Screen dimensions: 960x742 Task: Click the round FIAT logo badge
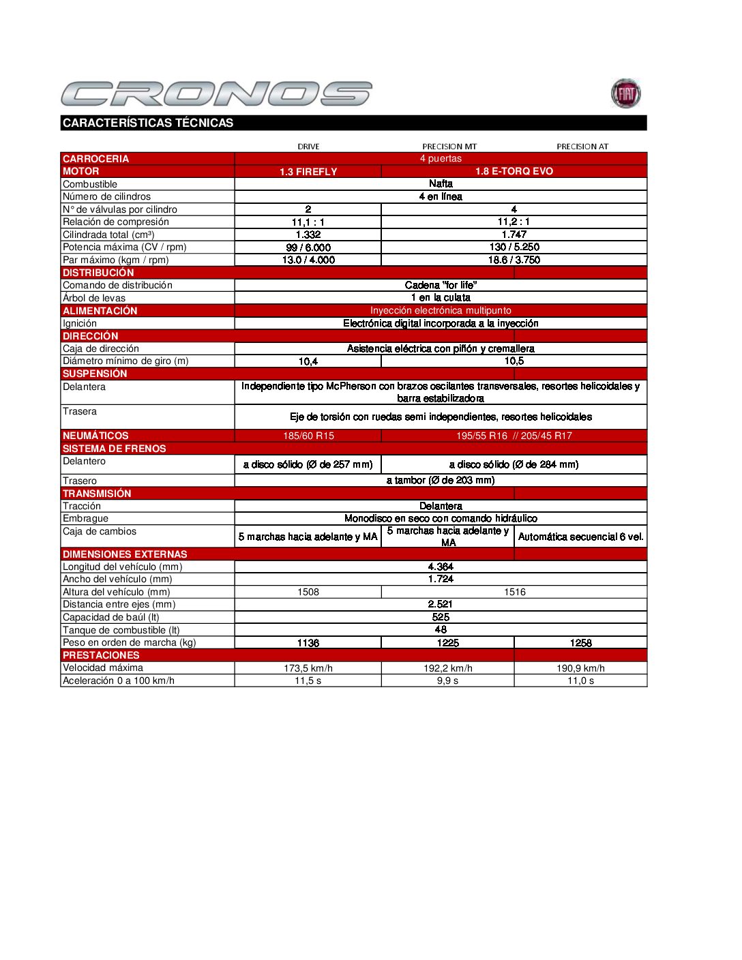point(625,93)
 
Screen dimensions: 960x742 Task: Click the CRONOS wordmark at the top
point(216,93)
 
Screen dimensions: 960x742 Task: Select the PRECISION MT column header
point(449,147)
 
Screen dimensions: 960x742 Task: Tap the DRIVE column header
point(308,147)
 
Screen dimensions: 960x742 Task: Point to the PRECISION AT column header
point(582,147)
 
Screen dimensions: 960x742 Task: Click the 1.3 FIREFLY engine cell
point(308,172)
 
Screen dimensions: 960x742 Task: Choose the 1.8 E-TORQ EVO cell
point(514,171)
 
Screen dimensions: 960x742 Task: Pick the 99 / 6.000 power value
point(308,247)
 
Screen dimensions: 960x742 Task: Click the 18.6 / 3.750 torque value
point(514,260)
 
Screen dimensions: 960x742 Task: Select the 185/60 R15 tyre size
point(308,436)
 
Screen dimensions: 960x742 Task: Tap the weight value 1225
point(447,643)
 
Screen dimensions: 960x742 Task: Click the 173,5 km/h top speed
point(308,668)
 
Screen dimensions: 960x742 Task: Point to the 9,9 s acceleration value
point(447,680)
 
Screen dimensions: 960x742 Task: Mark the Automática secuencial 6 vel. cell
point(580,537)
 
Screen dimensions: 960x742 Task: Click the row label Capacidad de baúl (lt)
point(111,617)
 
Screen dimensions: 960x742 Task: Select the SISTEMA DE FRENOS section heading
point(115,449)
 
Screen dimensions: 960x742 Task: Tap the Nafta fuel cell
point(441,183)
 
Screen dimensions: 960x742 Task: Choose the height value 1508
point(308,592)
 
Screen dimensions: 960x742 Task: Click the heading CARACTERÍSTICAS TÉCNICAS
point(148,123)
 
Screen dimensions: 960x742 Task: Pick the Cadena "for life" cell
point(441,285)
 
